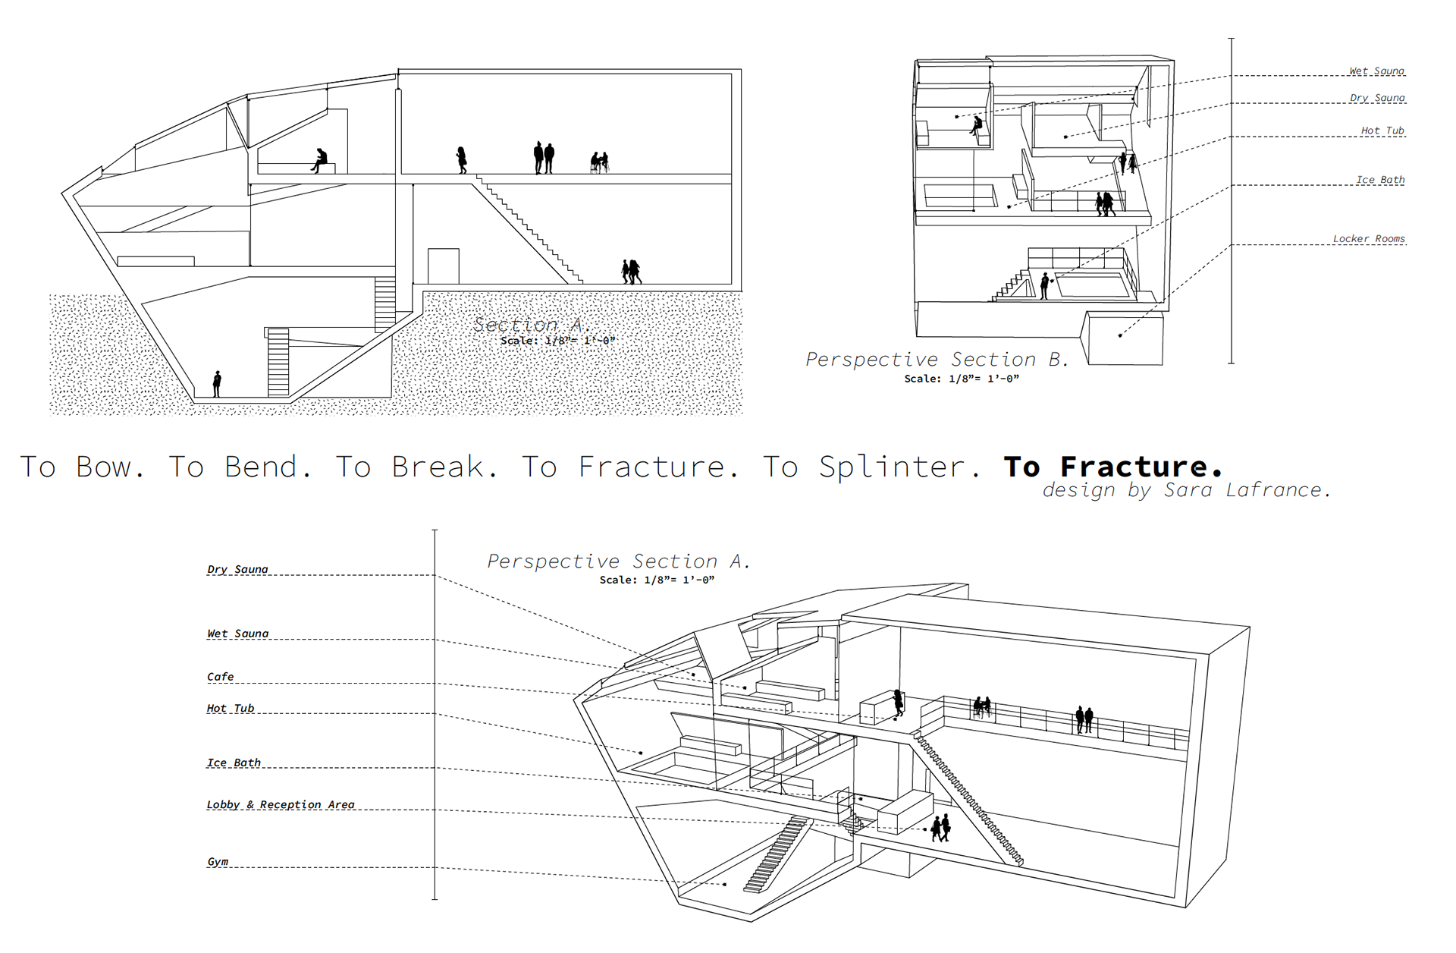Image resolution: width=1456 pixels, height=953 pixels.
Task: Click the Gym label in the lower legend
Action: (x=218, y=862)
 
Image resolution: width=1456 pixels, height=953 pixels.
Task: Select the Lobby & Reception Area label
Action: (x=281, y=805)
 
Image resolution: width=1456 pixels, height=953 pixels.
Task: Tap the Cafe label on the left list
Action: (x=221, y=677)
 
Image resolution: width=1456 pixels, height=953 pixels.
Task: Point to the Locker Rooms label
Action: (x=1369, y=239)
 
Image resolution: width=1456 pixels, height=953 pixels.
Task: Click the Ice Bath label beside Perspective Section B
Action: (x=1380, y=180)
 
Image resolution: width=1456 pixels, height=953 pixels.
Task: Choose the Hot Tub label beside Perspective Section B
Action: (x=1382, y=131)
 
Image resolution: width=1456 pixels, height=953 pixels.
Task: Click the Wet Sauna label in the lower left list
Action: (x=238, y=634)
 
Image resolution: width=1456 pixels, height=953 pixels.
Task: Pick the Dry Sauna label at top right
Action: (x=1377, y=98)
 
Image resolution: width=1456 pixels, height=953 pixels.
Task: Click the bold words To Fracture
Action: (x=1112, y=466)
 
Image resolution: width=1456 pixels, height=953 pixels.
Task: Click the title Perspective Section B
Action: (x=937, y=359)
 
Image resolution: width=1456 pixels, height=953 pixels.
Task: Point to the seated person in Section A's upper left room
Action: (x=320, y=160)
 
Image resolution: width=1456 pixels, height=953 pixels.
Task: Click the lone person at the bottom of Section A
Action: (x=217, y=384)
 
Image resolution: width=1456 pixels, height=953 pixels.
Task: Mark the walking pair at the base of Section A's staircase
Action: (x=632, y=271)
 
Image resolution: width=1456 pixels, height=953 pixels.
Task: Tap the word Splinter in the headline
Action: (x=892, y=467)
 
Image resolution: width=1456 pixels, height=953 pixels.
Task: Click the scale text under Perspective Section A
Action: (x=657, y=580)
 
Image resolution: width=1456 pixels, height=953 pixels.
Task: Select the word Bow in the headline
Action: (x=104, y=467)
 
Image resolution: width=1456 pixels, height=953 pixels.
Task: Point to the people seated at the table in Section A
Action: (x=599, y=162)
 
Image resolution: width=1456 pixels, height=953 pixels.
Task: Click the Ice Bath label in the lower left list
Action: (x=234, y=763)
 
